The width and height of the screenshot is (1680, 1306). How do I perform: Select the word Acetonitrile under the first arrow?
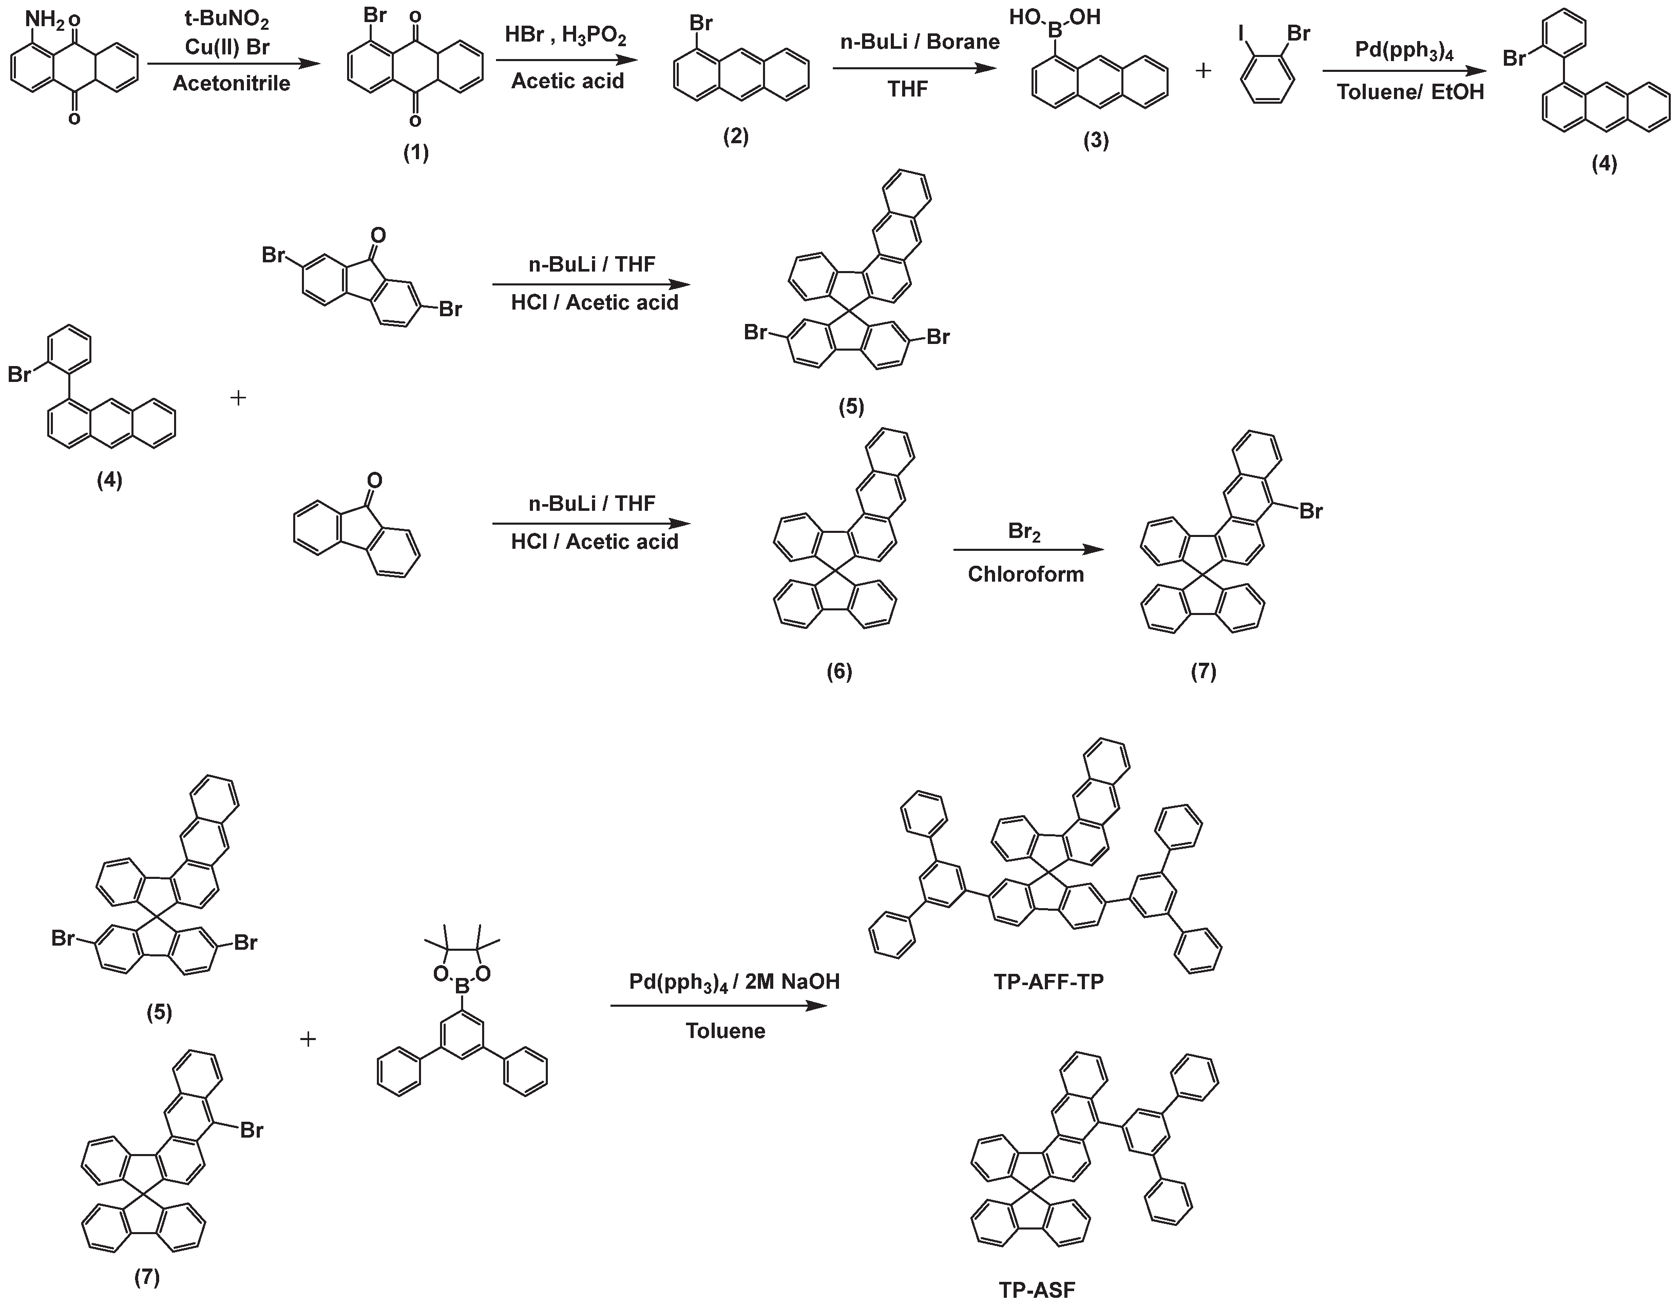click(232, 83)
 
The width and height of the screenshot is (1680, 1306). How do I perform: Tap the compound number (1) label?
click(416, 152)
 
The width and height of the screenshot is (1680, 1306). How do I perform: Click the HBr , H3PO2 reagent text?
click(565, 35)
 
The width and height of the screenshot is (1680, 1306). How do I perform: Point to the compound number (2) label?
click(735, 137)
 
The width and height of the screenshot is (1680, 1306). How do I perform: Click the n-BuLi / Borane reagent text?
click(919, 42)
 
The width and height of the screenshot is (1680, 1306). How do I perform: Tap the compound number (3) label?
click(1096, 140)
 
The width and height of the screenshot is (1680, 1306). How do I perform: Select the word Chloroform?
click(1025, 574)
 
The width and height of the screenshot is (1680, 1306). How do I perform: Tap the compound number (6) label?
click(839, 671)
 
